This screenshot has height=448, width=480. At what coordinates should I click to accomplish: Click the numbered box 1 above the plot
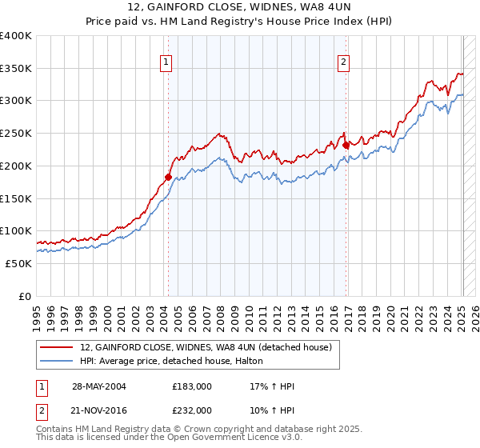(166, 62)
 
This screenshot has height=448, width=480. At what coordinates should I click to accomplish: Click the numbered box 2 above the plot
(343, 62)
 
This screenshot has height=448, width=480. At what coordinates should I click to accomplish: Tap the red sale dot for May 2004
(168, 176)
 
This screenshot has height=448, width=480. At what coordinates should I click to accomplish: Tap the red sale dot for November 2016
(346, 145)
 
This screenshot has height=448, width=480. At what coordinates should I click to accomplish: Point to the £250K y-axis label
(16, 133)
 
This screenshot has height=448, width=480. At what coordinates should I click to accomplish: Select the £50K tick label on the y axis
(18, 263)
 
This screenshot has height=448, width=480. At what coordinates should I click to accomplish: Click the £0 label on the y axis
(26, 296)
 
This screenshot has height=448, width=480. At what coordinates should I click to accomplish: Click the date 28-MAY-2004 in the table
(99, 386)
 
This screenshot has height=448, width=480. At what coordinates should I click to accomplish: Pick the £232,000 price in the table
(191, 410)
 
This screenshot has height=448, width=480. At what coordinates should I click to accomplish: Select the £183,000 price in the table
(191, 386)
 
